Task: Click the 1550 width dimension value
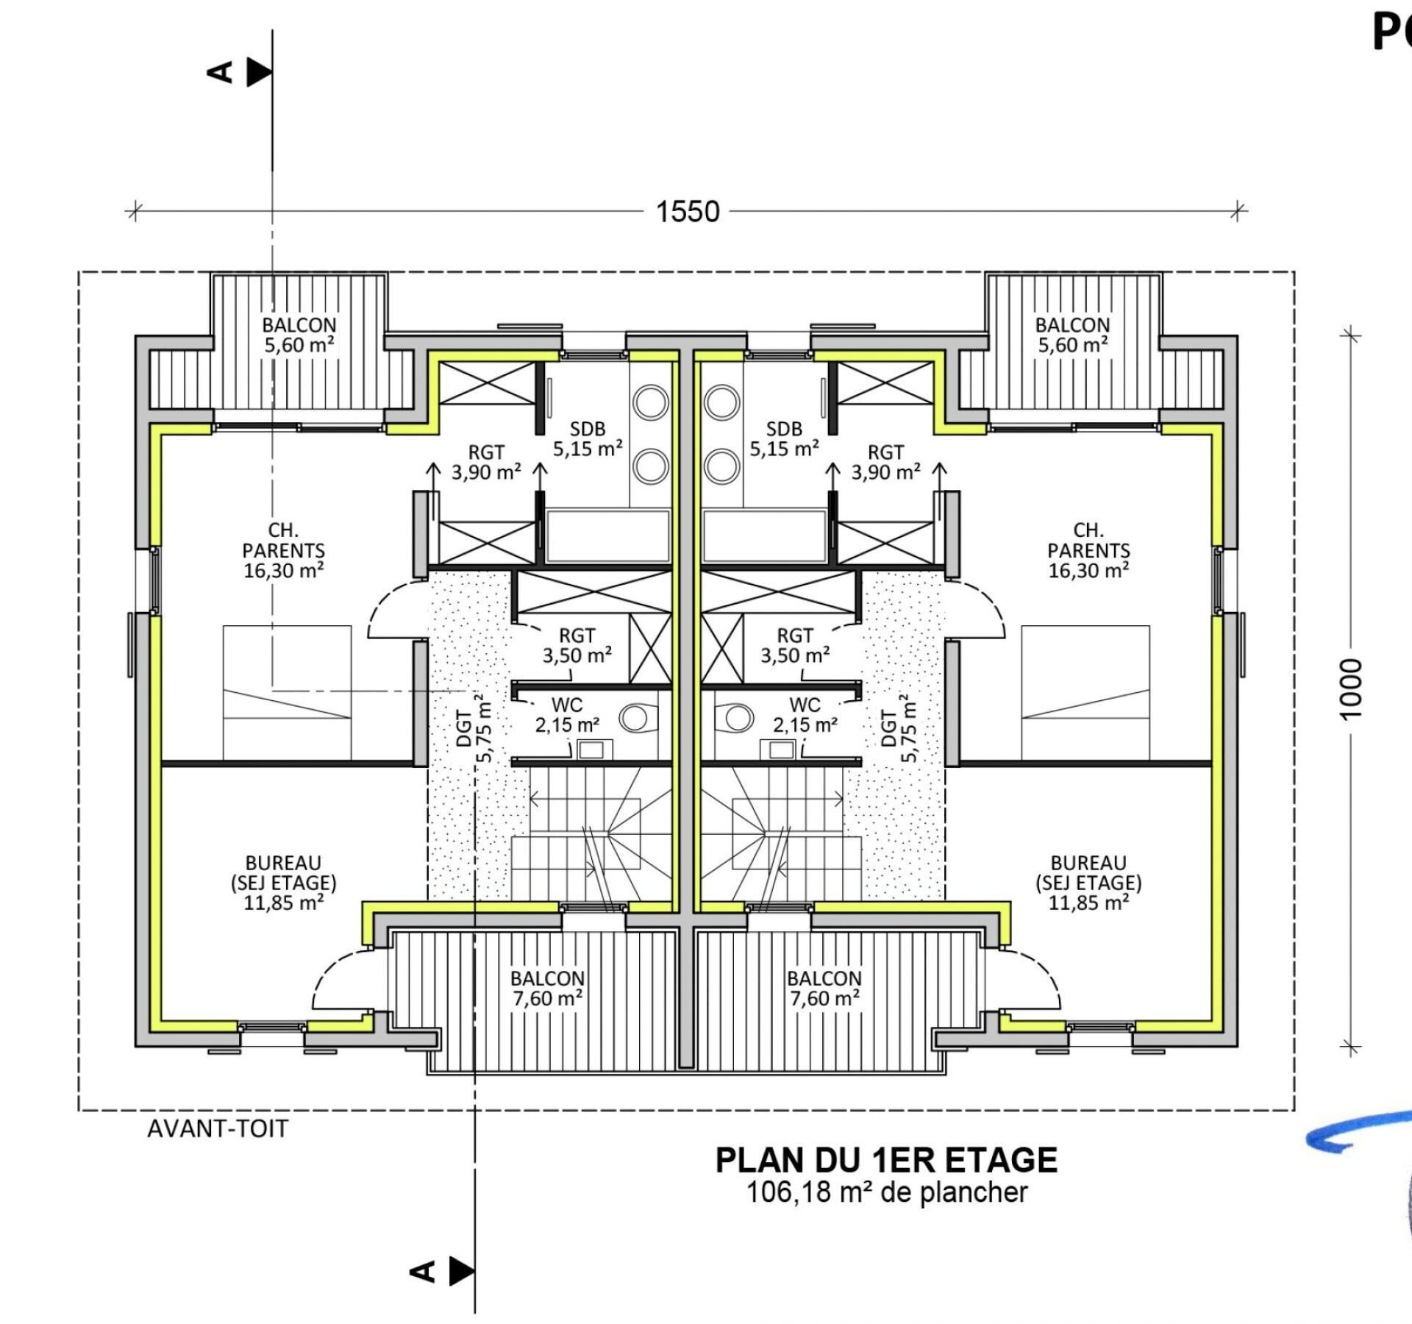(688, 212)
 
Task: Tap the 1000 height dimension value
(1352, 688)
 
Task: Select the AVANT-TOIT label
(218, 1128)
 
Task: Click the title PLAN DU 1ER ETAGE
(886, 1160)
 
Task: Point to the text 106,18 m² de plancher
(886, 1192)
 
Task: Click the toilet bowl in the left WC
(637, 718)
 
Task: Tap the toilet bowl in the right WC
(735, 718)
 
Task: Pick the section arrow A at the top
(240, 72)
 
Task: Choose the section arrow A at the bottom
(441, 1270)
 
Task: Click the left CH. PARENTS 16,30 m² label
(284, 550)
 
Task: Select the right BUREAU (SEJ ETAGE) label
(1088, 883)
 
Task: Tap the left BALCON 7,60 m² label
(548, 988)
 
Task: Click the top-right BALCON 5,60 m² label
(1073, 335)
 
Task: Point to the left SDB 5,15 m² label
(588, 438)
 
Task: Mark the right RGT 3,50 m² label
(795, 645)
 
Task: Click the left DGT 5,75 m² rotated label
(474, 727)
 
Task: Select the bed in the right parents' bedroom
(1085, 693)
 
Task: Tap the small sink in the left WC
(591, 750)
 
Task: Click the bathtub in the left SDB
(607, 536)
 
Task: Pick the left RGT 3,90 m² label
(486, 462)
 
